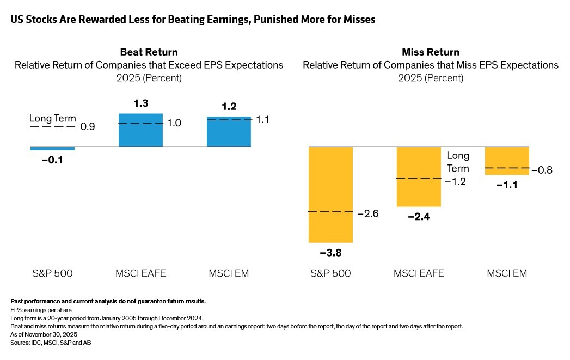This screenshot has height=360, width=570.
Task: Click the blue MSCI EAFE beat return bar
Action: (140, 130)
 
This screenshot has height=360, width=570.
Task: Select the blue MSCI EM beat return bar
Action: (229, 132)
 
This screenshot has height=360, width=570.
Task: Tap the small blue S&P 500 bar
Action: (52, 148)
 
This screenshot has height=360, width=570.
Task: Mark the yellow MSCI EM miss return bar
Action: (506, 161)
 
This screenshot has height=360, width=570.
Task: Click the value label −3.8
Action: (330, 253)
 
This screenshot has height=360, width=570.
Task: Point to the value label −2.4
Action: (418, 217)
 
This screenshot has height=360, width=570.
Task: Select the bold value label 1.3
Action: (140, 103)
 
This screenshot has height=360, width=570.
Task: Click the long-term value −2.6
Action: (367, 213)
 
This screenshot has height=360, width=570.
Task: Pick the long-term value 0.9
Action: (87, 127)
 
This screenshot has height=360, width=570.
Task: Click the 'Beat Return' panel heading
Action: (149, 52)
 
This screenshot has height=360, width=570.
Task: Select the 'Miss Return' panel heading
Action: (430, 52)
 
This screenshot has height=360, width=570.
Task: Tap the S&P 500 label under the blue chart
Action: (53, 273)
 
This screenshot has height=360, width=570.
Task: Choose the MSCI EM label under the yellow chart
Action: (506, 273)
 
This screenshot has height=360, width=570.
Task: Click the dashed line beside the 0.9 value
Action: (52, 127)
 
